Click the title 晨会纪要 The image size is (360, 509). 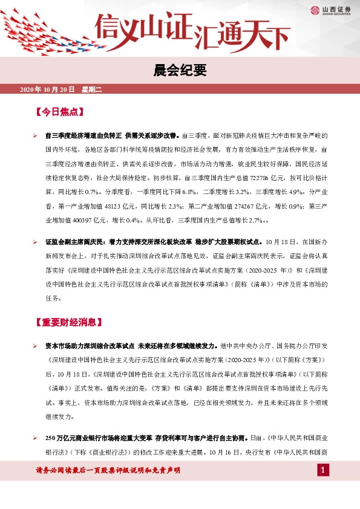180,71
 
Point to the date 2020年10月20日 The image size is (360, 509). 47,89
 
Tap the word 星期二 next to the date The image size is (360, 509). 93,89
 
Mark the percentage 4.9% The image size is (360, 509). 292,192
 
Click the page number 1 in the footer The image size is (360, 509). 324,470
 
